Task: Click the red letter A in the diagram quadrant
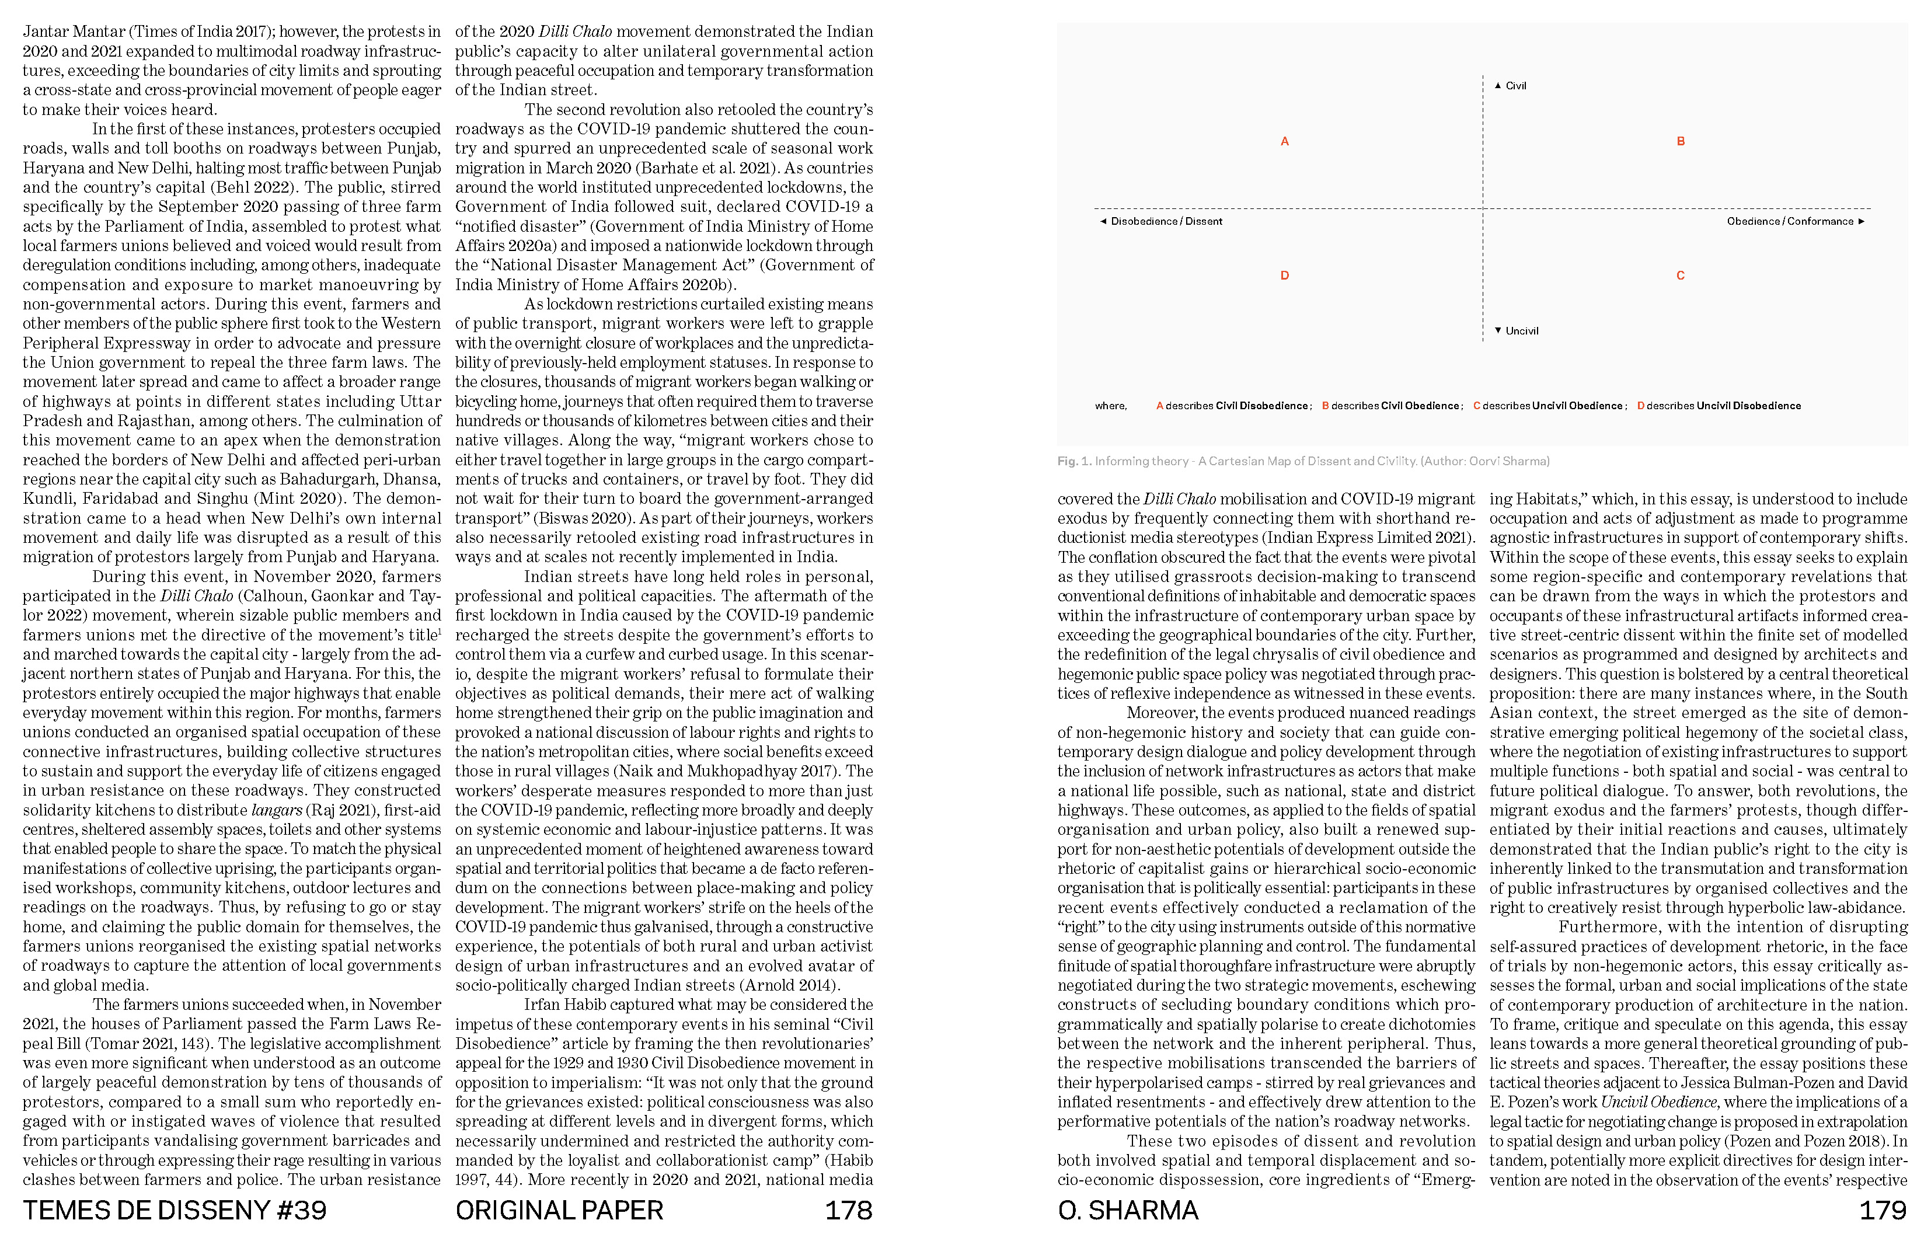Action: (1285, 142)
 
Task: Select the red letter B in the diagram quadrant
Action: (1681, 142)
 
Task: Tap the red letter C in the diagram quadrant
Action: (1681, 276)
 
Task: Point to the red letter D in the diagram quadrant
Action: (1285, 276)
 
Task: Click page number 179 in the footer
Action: (1882, 1211)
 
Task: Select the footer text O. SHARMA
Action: (1128, 1211)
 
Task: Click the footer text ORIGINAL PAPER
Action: (559, 1211)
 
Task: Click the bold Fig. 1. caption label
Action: (1074, 462)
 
